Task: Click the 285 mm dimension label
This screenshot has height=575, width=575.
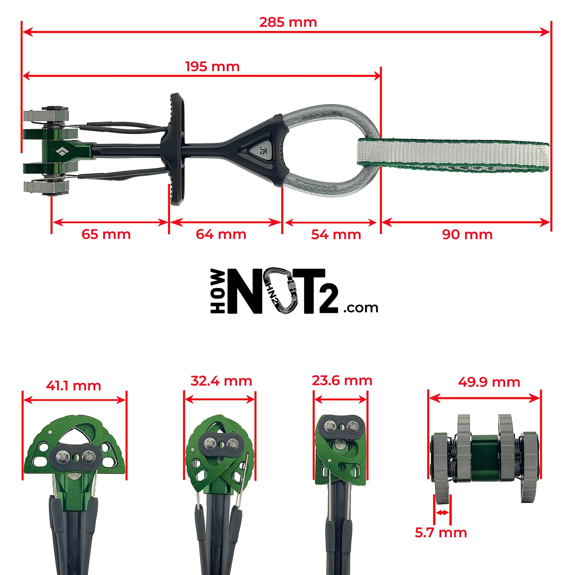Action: [288, 23]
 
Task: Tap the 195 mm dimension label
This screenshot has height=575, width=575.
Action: [212, 67]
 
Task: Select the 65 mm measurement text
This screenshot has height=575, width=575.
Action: [106, 235]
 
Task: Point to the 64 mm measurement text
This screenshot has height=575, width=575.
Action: [221, 235]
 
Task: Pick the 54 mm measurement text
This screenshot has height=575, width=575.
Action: [336, 235]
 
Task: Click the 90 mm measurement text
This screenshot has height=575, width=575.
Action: [467, 235]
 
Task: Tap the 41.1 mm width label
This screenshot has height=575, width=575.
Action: [74, 386]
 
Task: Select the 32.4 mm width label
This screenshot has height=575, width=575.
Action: [221, 381]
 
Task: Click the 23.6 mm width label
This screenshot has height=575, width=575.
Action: [342, 381]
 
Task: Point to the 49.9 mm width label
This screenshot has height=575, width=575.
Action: [489, 382]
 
